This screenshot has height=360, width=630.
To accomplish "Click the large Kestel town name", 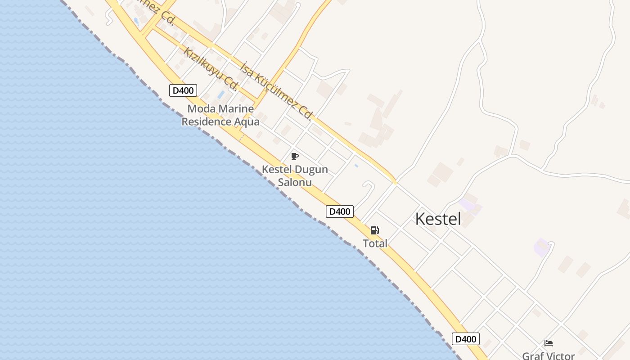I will tap(438, 219).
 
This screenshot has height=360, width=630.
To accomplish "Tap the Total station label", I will tap(375, 243).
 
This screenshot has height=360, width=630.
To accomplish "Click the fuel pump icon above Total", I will tap(374, 230).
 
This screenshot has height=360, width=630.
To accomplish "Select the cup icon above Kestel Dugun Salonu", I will tap(295, 157).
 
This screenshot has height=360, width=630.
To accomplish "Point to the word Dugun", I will tap(311, 170).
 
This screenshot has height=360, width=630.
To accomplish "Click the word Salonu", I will tap(295, 182).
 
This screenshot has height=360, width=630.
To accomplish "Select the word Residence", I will tap(207, 121).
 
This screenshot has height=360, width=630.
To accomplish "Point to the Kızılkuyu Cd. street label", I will tap(210, 68).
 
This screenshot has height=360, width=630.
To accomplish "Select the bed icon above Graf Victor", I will tap(548, 343).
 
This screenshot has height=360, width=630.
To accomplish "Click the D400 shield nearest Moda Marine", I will tap(183, 90).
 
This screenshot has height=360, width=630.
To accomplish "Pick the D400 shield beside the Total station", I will tap(340, 211).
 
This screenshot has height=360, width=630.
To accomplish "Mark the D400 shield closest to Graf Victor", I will tap(465, 339).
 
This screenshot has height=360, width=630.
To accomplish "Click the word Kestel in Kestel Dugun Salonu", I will tap(277, 170).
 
